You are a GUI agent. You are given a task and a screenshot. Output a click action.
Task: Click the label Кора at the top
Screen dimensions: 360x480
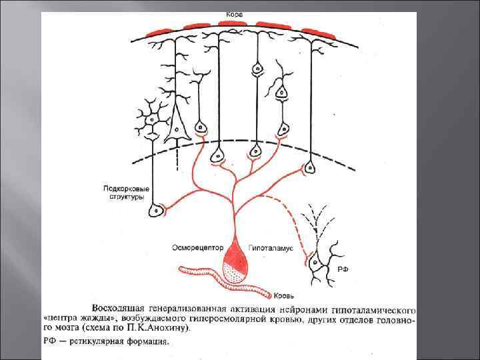tap(233, 14)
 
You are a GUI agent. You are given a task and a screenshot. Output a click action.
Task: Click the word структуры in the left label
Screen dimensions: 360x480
tap(124, 197)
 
